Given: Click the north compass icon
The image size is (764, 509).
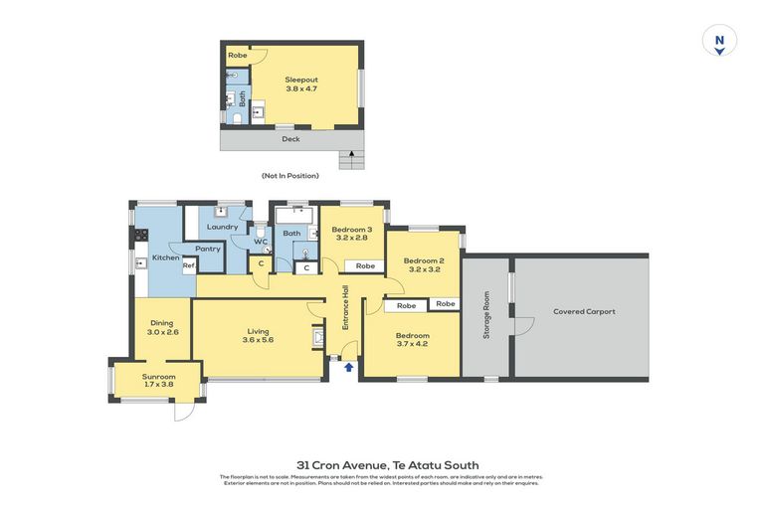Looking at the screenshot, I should pyautogui.click(x=718, y=41).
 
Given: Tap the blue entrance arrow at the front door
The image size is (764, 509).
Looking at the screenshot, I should pyautogui.click(x=348, y=368).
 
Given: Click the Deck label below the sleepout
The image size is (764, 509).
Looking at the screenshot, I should pyautogui.click(x=290, y=139).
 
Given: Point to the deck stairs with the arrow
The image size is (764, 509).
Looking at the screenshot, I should pyautogui.click(x=347, y=159).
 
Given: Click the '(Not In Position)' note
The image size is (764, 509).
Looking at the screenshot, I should pyautogui.click(x=290, y=176).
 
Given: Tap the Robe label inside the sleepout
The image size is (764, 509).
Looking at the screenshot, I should pyautogui.click(x=237, y=56).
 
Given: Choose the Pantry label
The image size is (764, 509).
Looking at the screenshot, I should pyautogui.click(x=208, y=249).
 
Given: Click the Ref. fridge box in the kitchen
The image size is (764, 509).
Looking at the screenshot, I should pyautogui.click(x=187, y=264).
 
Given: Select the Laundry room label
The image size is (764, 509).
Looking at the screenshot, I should pyautogui.click(x=222, y=227).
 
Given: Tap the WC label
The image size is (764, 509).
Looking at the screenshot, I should pyautogui.click(x=261, y=242).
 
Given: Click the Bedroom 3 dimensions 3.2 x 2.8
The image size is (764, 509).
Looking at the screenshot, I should pyautogui.click(x=352, y=239).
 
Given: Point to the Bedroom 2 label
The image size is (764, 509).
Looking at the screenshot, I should pyautogui.click(x=423, y=260).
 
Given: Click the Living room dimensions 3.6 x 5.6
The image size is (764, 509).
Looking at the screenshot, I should pyautogui.click(x=257, y=340).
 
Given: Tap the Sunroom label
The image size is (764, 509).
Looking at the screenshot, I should pyautogui.click(x=159, y=377).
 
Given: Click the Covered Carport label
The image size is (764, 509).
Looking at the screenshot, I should pyautogui.click(x=584, y=311).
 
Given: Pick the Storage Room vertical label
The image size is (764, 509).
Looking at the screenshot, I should pyautogui.click(x=486, y=315).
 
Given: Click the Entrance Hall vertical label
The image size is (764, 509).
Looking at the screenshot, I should pyautogui.click(x=346, y=308).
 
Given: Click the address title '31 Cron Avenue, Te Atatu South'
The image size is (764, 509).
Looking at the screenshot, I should pyautogui.click(x=387, y=464).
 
